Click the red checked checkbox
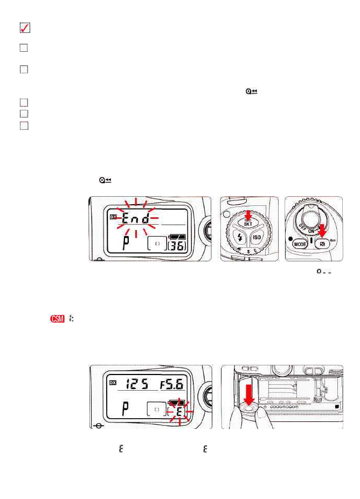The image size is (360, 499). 24,29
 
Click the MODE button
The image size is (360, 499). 299,243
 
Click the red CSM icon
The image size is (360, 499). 57,319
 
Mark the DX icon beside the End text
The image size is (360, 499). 113,217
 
